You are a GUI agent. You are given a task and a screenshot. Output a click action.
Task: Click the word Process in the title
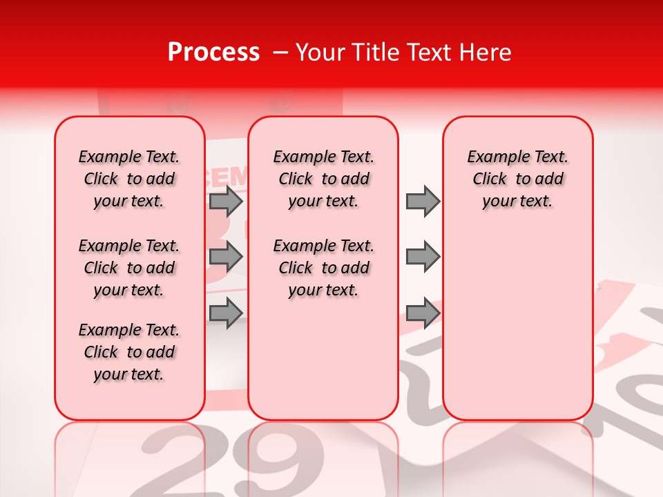click(213, 52)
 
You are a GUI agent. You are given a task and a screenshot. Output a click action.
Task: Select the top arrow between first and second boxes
click(225, 201)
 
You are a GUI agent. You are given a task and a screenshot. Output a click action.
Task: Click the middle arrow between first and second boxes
click(225, 257)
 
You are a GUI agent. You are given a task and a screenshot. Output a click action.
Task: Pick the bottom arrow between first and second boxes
click(225, 313)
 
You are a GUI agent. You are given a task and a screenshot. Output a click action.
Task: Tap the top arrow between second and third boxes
click(423, 201)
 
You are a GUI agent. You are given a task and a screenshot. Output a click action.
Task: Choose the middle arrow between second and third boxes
click(423, 257)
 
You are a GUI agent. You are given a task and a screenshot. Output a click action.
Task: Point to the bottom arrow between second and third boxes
click(423, 313)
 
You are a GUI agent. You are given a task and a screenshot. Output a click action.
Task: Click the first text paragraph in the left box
click(129, 179)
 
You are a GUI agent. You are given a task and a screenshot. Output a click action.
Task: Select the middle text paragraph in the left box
click(129, 268)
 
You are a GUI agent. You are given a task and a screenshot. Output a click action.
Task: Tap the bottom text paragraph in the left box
click(129, 352)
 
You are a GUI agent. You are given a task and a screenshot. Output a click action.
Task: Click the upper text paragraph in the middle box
click(323, 179)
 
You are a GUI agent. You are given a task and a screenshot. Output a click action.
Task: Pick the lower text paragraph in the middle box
click(323, 268)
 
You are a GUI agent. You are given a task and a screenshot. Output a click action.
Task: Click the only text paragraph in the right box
click(517, 179)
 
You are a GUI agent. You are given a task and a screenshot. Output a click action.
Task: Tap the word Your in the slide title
click(318, 52)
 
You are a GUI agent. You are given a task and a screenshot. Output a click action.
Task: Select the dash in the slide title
click(280, 52)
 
